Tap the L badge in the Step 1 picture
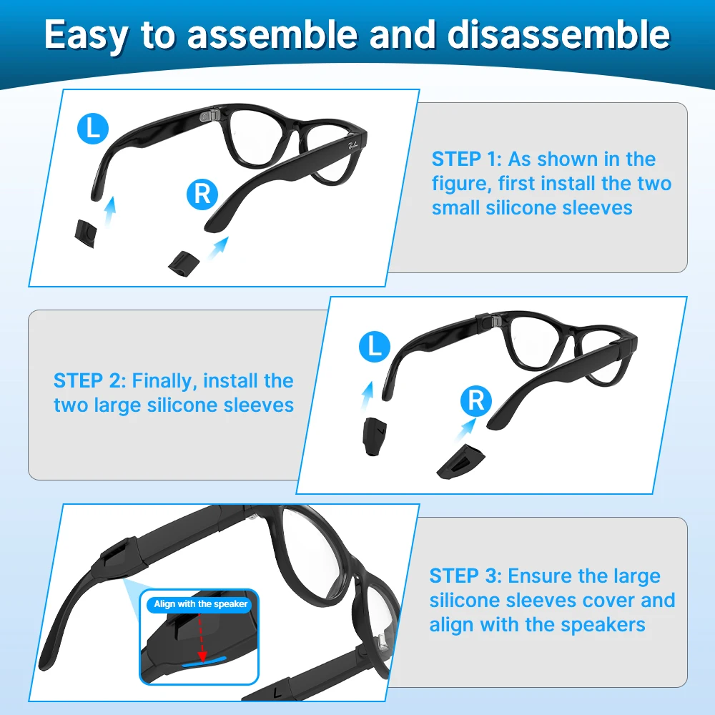click(93, 129)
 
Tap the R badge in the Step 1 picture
click(202, 194)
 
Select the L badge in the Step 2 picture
click(374, 347)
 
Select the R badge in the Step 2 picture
click(476, 400)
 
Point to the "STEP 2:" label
click(89, 380)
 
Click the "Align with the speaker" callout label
click(201, 604)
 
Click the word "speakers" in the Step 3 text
click(603, 624)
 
